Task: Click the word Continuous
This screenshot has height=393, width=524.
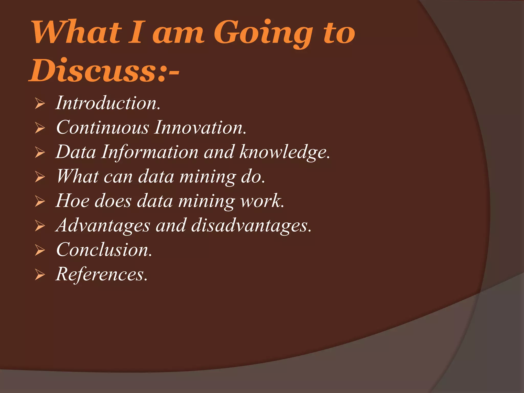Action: (x=102, y=127)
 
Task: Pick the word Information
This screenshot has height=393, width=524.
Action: (x=150, y=152)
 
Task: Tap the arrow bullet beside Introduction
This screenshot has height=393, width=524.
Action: (x=40, y=104)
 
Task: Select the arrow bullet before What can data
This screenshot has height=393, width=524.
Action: (x=40, y=177)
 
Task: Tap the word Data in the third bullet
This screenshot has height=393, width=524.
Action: (x=76, y=152)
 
